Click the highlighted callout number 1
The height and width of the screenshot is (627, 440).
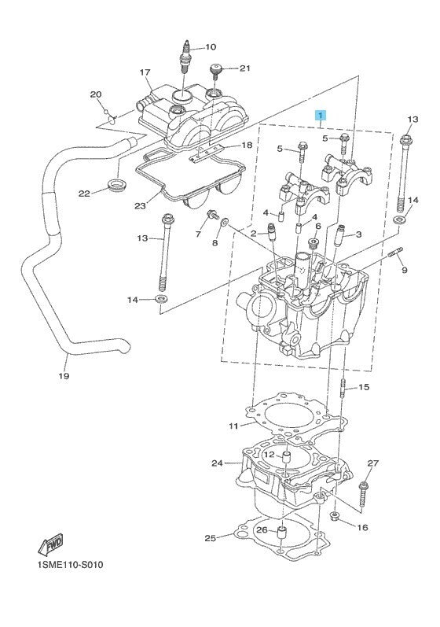pyautogui.click(x=321, y=115)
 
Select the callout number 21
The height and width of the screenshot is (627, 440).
pyautogui.click(x=244, y=68)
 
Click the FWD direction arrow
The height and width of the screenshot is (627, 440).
pyautogui.click(x=50, y=544)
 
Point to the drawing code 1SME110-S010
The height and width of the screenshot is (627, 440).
pyautogui.click(x=69, y=565)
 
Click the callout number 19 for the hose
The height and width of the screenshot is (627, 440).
pyautogui.click(x=64, y=376)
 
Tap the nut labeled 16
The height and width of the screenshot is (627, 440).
pyautogui.click(x=335, y=516)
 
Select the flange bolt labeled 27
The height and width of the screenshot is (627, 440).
pyautogui.click(x=363, y=495)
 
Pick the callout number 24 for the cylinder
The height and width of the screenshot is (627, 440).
pyautogui.click(x=217, y=463)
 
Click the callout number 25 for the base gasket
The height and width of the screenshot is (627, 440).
pyautogui.click(x=210, y=538)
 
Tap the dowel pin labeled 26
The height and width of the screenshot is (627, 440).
pyautogui.click(x=283, y=533)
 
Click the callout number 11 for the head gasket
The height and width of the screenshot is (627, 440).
pyautogui.click(x=233, y=426)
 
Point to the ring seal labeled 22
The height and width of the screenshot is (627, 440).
pyautogui.click(x=118, y=186)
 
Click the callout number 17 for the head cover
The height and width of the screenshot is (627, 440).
pyautogui.click(x=145, y=72)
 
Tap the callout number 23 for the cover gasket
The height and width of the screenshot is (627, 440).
pyautogui.click(x=140, y=206)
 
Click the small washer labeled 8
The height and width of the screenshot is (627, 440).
pyautogui.click(x=225, y=222)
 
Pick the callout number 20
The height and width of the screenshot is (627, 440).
pyautogui.click(x=96, y=94)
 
